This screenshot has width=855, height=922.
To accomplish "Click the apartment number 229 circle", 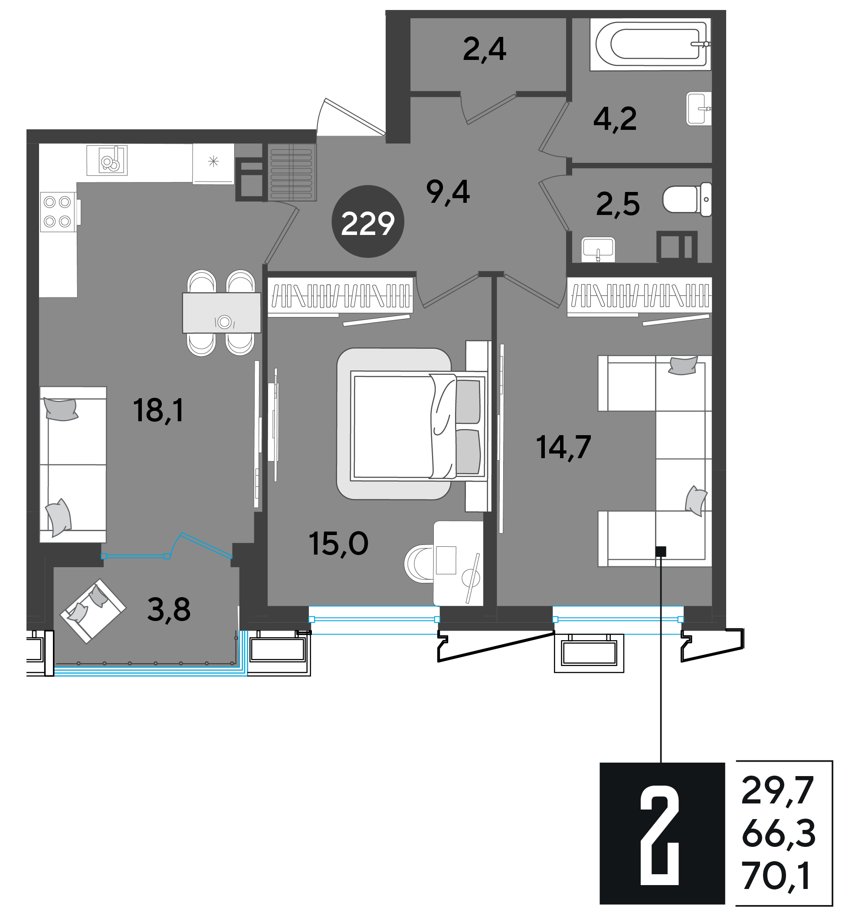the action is pyautogui.click(x=368, y=221).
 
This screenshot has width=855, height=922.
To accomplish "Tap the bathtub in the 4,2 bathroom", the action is pyautogui.click(x=651, y=44).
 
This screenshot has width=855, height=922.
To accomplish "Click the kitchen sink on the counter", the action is pyautogui.click(x=107, y=161).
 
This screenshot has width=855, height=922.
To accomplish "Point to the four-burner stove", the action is pyautogui.click(x=58, y=211).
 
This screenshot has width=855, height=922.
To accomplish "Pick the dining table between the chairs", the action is pyautogui.click(x=222, y=313).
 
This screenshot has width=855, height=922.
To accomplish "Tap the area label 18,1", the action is pyautogui.click(x=158, y=410).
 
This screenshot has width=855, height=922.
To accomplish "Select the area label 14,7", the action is pyautogui.click(x=563, y=447).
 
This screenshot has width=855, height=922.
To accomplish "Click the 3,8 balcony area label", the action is pyautogui.click(x=169, y=609).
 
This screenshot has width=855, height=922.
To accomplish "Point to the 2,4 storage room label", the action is pyautogui.click(x=485, y=50).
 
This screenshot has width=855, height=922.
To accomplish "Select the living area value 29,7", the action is pyautogui.click(x=777, y=791).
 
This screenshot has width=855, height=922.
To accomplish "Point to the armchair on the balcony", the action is pyautogui.click(x=93, y=611).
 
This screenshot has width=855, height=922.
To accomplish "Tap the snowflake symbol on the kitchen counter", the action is pyautogui.click(x=213, y=162).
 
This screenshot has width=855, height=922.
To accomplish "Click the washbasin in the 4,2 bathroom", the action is pyautogui.click(x=699, y=109).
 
